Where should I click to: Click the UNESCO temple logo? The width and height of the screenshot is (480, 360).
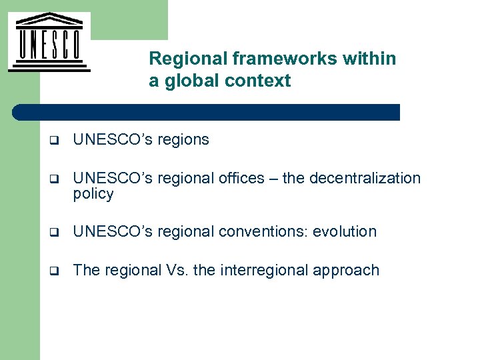(x=49, y=41)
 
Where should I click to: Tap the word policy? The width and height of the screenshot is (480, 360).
(x=93, y=194)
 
